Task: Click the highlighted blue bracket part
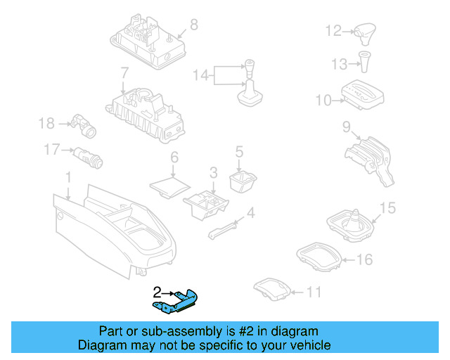click(179, 300)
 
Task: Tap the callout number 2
click(157, 291)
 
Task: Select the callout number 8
click(193, 25)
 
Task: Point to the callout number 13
click(338, 65)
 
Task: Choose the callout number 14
click(201, 75)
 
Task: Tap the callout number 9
click(346, 127)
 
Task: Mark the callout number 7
click(124, 73)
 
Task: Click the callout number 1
click(67, 176)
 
